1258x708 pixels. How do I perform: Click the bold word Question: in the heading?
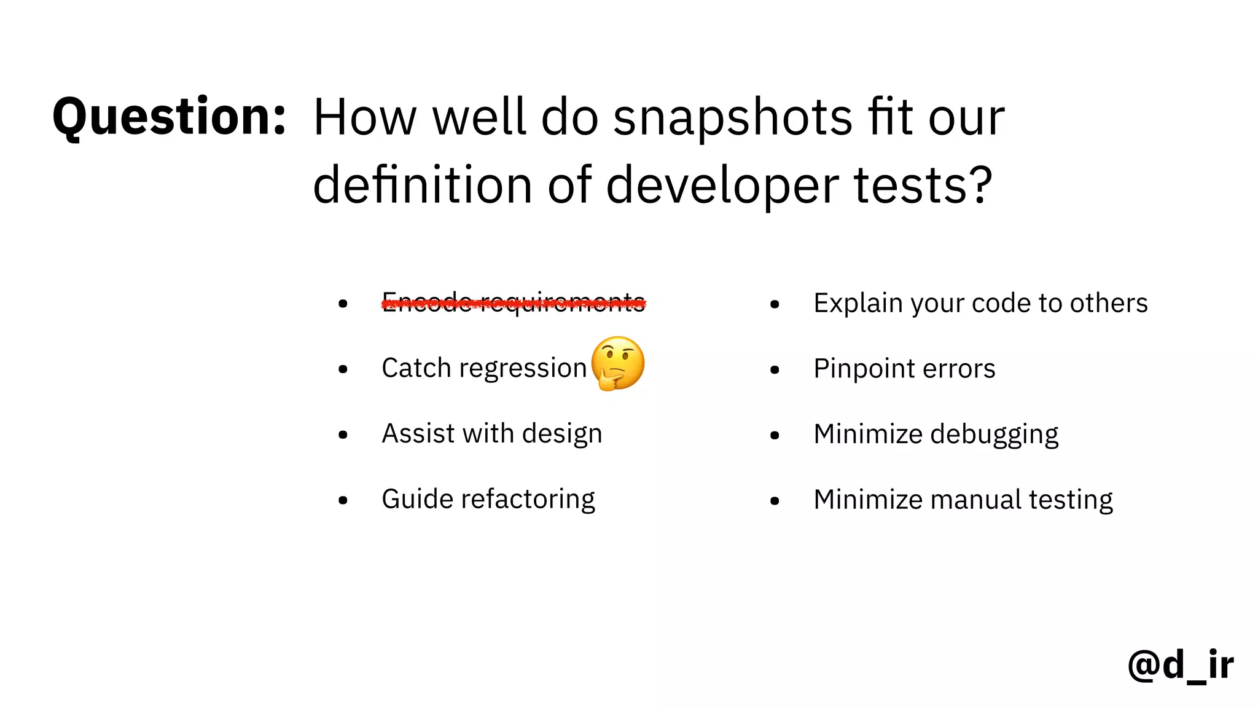click(169, 117)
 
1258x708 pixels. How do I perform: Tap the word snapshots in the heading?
click(732, 118)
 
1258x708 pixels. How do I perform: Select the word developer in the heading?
click(722, 186)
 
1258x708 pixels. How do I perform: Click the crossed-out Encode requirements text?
click(514, 302)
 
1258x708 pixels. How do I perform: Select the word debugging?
click(994, 435)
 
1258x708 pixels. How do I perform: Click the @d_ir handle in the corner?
click(1180, 665)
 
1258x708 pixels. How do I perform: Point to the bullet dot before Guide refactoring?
click(343, 500)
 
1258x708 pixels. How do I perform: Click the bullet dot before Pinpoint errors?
click(775, 370)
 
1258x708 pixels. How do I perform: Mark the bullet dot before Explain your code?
click(775, 304)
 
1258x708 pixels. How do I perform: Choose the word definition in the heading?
click(422, 186)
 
